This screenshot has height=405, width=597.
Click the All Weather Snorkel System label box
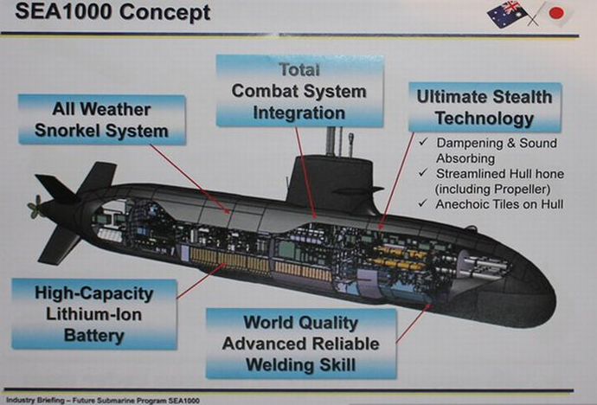[100, 121]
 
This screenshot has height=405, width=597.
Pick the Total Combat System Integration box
[298, 90]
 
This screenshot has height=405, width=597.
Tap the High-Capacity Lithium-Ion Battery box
[94, 313]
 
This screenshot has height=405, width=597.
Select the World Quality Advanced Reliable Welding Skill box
[300, 344]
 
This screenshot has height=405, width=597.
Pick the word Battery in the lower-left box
[93, 335]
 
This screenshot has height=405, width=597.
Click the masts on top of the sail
[332, 141]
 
